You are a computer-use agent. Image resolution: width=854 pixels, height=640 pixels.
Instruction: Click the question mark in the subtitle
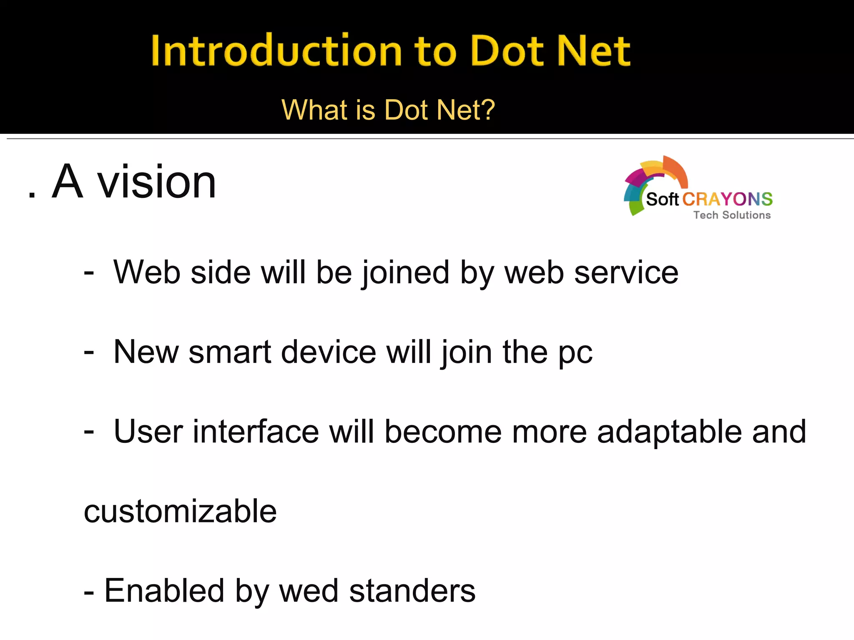(487, 110)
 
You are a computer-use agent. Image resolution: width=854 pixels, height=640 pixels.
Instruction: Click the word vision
(156, 182)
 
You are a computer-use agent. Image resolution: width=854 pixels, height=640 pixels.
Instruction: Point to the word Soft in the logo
(662, 200)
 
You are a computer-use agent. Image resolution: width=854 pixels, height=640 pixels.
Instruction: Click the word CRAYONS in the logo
(727, 200)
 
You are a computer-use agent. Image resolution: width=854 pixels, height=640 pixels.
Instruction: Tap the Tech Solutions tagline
(732, 215)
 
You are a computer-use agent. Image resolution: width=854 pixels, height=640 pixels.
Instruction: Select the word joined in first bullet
(405, 273)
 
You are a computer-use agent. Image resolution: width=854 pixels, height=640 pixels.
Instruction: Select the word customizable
(180, 511)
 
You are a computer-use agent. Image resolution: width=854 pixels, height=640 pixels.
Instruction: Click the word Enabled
(164, 591)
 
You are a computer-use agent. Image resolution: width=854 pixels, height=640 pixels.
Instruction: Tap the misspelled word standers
(412, 591)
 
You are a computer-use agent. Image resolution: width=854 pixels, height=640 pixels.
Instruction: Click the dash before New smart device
(89, 352)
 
